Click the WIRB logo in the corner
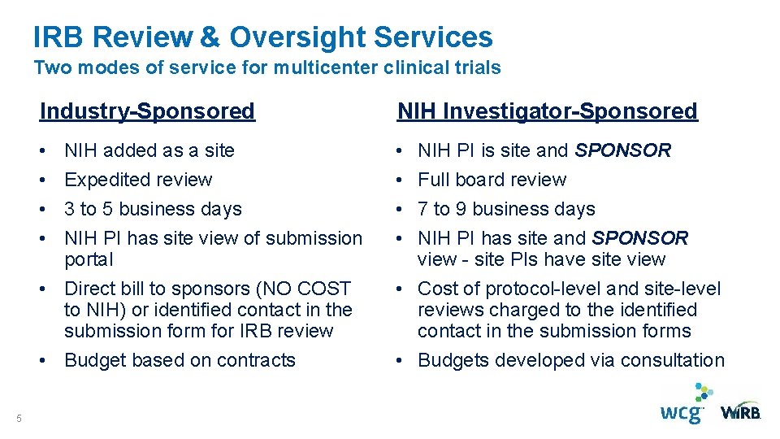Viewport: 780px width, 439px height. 740,411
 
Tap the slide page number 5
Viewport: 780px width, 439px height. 18,418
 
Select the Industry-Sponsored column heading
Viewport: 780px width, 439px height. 147,111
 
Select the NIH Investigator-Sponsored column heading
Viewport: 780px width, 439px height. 547,111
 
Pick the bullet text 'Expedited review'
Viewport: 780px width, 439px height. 138,180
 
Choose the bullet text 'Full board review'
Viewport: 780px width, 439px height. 492,180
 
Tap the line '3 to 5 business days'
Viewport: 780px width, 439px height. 153,209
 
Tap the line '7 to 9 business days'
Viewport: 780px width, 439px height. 506,209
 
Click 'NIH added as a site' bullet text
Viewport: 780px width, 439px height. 149,150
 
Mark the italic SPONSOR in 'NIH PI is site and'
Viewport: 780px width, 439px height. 623,150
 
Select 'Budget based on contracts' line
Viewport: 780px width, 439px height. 180,360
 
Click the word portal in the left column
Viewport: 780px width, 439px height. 89,259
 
